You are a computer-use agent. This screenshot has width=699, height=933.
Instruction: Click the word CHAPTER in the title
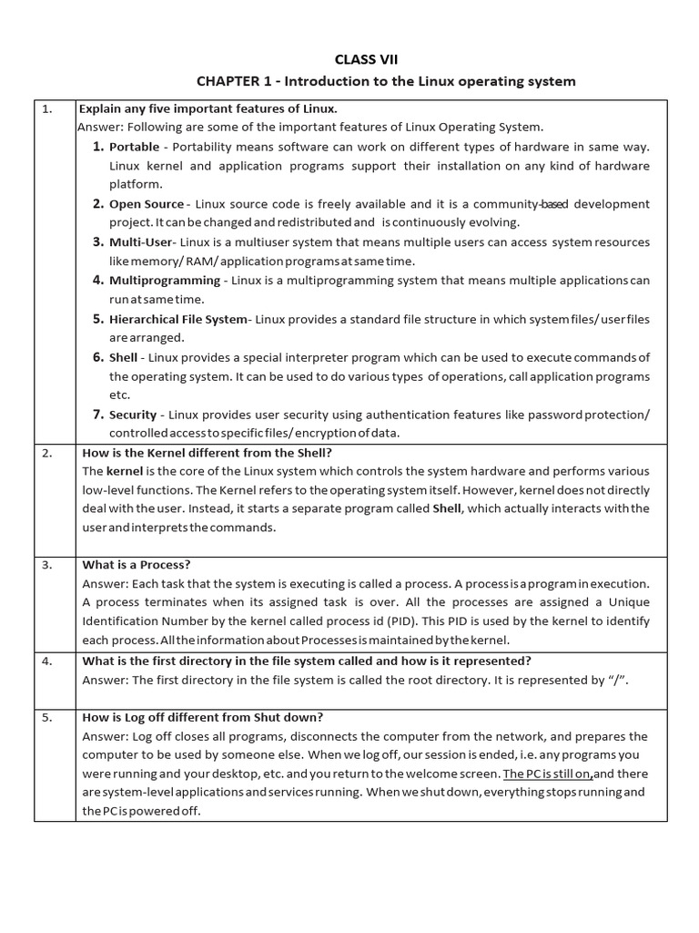230,81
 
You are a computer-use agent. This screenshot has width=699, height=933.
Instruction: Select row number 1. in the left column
48,108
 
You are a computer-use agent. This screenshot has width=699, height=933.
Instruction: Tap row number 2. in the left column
48,452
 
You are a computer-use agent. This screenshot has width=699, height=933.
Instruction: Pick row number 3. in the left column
48,564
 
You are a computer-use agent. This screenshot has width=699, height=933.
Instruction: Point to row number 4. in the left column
48,661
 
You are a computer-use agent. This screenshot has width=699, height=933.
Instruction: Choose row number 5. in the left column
48,717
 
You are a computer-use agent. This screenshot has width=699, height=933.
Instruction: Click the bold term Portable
134,147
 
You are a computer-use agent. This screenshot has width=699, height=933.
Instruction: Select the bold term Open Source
147,204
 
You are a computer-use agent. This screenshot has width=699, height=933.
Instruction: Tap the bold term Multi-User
141,242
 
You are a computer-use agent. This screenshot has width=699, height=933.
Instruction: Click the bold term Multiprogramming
165,281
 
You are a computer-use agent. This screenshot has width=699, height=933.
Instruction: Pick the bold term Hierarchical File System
178,319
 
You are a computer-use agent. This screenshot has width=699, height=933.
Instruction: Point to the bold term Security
134,415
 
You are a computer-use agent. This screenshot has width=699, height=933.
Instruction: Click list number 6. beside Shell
98,357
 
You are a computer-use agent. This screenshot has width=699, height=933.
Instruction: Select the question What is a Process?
137,564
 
